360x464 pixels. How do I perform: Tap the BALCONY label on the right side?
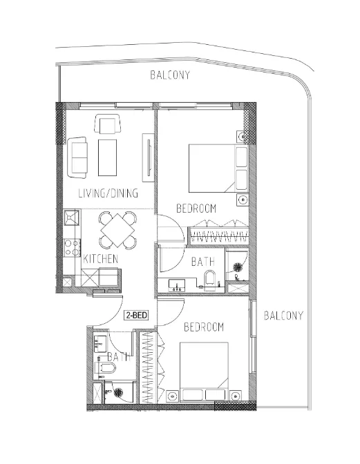click(284, 316)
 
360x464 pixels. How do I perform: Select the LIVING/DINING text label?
click(108, 193)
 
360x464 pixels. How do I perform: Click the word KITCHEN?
click(101, 259)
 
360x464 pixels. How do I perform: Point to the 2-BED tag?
click(135, 316)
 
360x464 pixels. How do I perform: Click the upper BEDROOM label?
click(196, 208)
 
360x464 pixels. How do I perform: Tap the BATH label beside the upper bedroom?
click(202, 262)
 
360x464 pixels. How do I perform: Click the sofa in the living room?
click(77, 157)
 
